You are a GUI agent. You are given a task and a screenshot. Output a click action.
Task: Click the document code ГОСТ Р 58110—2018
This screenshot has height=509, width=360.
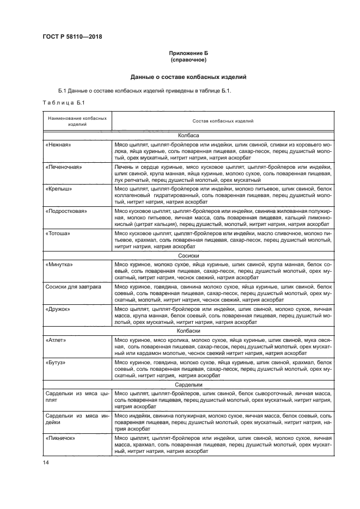click(72, 37)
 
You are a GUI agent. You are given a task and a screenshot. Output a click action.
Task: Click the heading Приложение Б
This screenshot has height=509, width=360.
click(189, 53)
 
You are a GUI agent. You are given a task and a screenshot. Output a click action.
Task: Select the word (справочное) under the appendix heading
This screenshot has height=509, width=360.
click(189, 60)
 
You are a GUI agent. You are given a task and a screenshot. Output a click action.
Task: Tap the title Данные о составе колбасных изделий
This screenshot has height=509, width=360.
click(188, 77)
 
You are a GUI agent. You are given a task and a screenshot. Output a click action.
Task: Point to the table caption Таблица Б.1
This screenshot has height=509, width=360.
click(62, 102)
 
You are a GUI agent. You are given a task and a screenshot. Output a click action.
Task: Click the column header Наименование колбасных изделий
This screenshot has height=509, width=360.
click(77, 120)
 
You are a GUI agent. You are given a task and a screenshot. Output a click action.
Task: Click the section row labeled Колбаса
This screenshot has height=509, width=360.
click(188, 134)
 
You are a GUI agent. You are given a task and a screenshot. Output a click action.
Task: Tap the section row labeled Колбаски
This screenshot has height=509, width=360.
click(188, 330)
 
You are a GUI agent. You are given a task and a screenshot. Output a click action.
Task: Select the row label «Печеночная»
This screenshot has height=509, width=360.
click(64, 167)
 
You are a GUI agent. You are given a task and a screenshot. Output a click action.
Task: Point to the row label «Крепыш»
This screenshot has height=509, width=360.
click(59, 189)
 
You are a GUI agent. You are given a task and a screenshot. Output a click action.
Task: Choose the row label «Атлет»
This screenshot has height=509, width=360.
click(57, 339)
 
